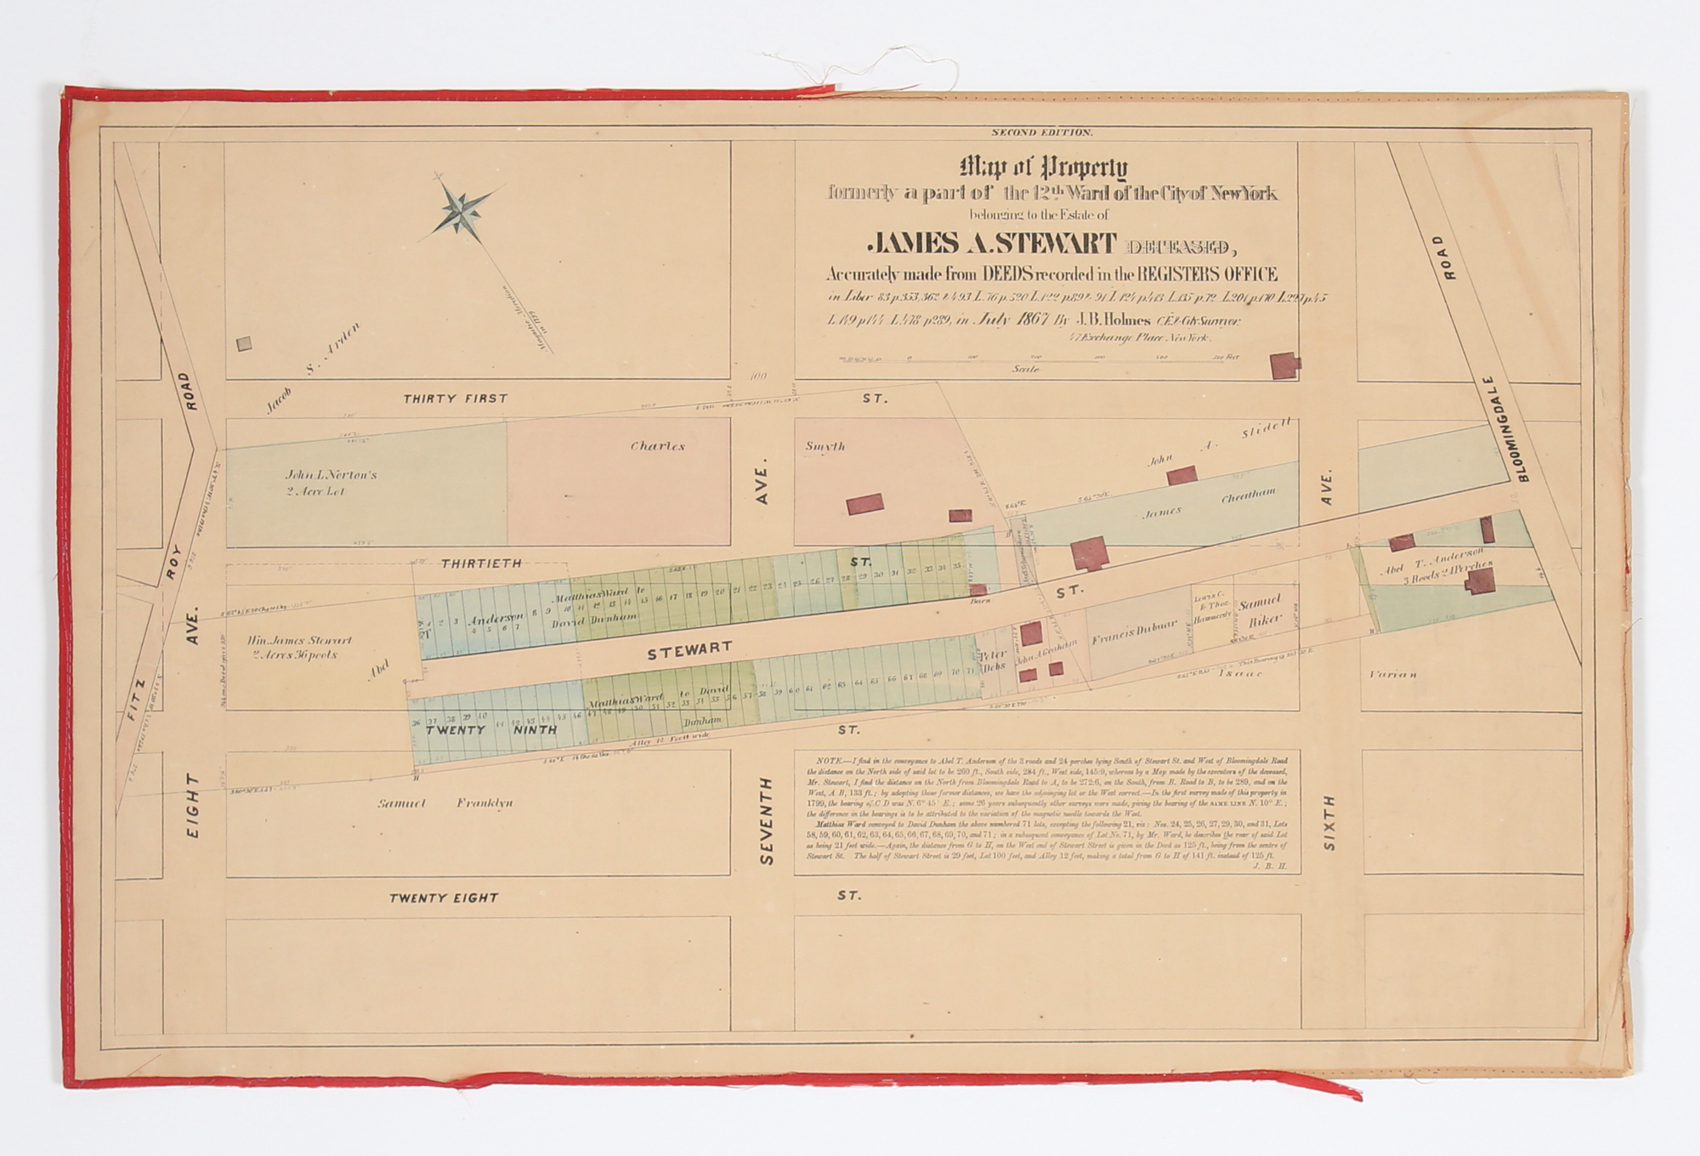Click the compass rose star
coord(460,211)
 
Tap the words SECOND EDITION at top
coord(1042,133)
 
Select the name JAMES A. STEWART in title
coord(990,245)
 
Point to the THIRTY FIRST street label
coord(455,399)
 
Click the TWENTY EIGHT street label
coord(443,898)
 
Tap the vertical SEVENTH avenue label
coord(768,820)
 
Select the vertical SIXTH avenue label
coord(1329,823)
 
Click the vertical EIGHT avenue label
coord(193,806)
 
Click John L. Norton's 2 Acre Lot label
coord(331,482)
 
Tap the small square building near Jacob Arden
coord(245,343)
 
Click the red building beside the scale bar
coord(1285,365)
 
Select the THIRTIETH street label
coord(481,563)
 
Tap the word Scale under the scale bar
coord(1026,370)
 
